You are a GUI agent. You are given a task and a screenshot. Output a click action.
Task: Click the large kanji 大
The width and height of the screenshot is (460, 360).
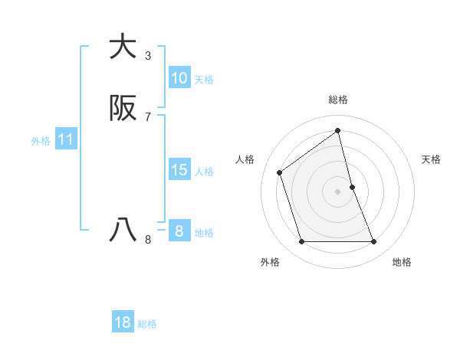tap(123, 47)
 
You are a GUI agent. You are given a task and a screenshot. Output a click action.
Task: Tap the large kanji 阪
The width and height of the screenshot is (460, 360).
tap(123, 109)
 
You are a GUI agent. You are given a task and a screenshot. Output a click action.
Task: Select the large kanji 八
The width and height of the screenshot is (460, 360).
tap(123, 230)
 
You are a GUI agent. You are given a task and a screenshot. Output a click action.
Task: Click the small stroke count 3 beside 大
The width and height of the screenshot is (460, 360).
tap(148, 56)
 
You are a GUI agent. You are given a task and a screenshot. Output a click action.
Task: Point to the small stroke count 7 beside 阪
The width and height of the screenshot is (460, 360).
tap(148, 117)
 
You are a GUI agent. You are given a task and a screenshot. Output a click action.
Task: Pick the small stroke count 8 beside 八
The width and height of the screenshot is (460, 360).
tap(148, 240)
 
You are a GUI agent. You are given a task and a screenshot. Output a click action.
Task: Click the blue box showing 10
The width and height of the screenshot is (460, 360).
tap(179, 78)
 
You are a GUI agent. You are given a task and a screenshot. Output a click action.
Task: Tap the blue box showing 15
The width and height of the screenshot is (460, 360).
tap(179, 170)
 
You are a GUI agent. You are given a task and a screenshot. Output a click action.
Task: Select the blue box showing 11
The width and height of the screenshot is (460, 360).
tap(66, 139)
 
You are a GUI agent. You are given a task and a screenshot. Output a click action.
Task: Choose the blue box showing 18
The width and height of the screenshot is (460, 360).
tap(123, 322)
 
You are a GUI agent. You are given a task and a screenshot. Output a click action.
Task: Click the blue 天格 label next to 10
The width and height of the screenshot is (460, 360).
tap(204, 79)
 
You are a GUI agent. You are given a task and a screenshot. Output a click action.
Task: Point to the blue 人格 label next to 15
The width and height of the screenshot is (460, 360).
tap(204, 171)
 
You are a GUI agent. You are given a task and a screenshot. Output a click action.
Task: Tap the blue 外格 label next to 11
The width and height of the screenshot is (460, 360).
tap(41, 140)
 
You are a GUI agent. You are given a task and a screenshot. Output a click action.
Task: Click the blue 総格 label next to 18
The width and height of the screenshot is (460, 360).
tap(147, 323)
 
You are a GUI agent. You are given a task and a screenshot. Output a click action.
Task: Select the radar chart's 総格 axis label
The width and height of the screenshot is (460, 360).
tap(338, 100)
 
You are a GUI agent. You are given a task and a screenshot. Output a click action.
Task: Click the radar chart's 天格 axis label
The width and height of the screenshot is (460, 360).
tap(432, 159)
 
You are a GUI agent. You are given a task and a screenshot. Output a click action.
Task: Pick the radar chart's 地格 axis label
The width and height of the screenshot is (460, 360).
tap(402, 262)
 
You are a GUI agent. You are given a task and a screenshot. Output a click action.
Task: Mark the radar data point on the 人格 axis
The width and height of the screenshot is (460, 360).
tap(280, 172)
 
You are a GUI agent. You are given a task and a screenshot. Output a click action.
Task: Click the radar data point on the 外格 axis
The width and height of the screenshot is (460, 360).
tap(301, 242)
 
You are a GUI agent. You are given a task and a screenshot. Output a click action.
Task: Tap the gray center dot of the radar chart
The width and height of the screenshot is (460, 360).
tap(338, 191)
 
